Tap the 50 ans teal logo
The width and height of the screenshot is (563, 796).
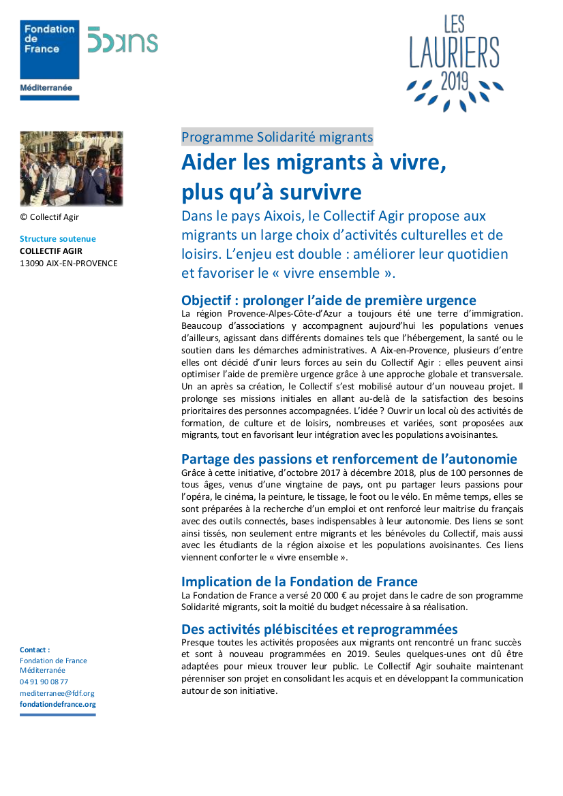(123, 42)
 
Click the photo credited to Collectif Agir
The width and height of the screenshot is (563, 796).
(72, 168)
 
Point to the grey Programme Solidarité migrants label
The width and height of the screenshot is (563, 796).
(277, 137)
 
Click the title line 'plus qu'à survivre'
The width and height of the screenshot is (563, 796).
(271, 192)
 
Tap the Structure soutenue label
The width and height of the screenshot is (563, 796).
(58, 239)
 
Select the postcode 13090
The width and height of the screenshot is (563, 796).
(31, 263)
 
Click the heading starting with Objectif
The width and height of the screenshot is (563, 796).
(329, 300)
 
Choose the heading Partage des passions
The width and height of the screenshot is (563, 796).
(349, 459)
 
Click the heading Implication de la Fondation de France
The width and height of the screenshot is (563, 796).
(299, 582)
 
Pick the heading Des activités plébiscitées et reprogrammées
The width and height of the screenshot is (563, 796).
(319, 628)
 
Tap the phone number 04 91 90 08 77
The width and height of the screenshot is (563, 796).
(44, 682)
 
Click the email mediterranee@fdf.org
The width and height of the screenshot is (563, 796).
(57, 693)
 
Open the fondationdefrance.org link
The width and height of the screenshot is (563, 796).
(57, 704)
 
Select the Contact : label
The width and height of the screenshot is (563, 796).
(35, 650)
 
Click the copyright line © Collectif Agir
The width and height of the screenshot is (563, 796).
(49, 217)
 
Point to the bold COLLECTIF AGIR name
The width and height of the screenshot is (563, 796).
(51, 251)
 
